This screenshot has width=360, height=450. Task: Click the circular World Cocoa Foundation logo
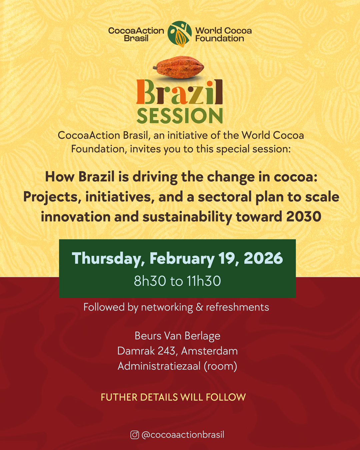tap(179, 34)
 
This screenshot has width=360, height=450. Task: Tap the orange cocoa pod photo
tap(178, 67)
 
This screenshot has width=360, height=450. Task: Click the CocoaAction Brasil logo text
tap(136, 35)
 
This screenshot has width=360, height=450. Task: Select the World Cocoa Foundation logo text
tap(223, 35)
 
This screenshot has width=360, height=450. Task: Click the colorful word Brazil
tap(179, 92)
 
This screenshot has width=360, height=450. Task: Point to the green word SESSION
tap(179, 116)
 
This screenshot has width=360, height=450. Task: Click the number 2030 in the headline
tap(304, 216)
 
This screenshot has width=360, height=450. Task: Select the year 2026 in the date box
tap(263, 258)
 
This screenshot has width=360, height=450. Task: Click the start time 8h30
tap(150, 281)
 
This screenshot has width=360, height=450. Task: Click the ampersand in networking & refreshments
tap(199, 307)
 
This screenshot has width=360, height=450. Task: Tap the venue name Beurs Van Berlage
tap(177, 336)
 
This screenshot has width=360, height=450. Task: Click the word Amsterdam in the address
tap(209, 351)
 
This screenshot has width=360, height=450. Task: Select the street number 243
tap(167, 351)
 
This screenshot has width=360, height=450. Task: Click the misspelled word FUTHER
tap(119, 397)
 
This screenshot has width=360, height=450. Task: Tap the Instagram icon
tap(135, 435)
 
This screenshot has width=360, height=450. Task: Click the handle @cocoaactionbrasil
tap(183, 435)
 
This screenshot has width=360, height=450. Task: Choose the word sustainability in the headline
tap(187, 217)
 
